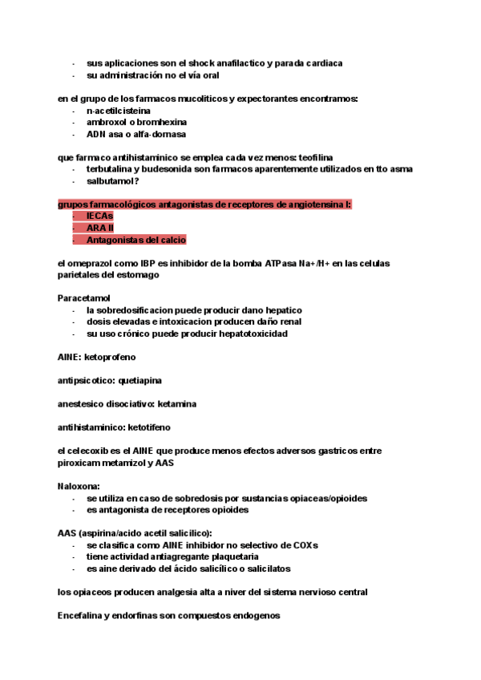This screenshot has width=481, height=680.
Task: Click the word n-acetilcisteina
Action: [119, 111]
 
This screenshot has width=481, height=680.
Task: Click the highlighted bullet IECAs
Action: [99, 217]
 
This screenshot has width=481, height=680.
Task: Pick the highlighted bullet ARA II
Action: [100, 228]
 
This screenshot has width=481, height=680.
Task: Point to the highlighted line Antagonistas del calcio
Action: [136, 240]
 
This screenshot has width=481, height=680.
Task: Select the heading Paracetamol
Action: [84, 297]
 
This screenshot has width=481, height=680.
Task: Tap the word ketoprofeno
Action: [110, 356]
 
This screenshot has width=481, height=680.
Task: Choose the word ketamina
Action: [177, 403]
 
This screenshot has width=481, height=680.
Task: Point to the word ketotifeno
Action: [145, 427]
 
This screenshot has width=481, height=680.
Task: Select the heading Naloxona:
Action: [78, 486]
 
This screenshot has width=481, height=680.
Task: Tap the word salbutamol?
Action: [113, 181]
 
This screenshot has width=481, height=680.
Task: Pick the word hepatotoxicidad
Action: [247, 333]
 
